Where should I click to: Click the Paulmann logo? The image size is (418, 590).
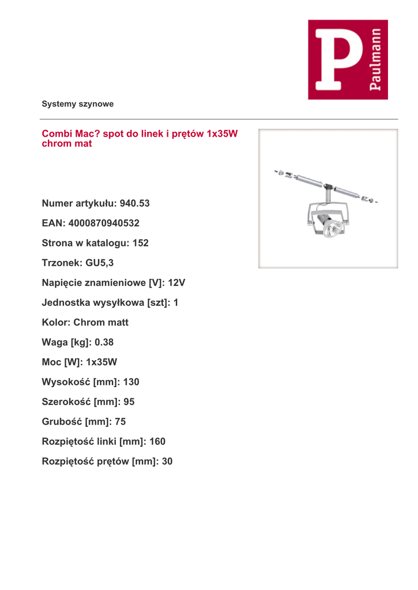coord(348,59)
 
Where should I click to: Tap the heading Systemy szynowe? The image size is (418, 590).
coord(77,104)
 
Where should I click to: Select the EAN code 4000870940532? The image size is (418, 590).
coord(104,223)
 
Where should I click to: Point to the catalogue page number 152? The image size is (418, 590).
coord(141,243)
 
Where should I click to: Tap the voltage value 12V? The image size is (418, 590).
coord(176,283)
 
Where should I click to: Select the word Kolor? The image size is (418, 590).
coord(55,322)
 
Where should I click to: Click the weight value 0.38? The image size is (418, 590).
coord(104,342)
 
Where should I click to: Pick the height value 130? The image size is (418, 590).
coord(131,382)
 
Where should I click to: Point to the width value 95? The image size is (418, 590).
coord(129,402)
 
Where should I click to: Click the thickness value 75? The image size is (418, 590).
coord(120,422)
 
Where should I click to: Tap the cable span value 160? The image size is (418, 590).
coord(157,441)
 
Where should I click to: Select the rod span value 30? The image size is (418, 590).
coord(167,462)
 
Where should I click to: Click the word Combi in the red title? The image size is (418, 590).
coord(55,134)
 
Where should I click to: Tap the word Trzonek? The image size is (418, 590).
coord(61,263)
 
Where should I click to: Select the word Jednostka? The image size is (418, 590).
coord(66,302)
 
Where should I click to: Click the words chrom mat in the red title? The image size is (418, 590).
coord(67,143)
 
